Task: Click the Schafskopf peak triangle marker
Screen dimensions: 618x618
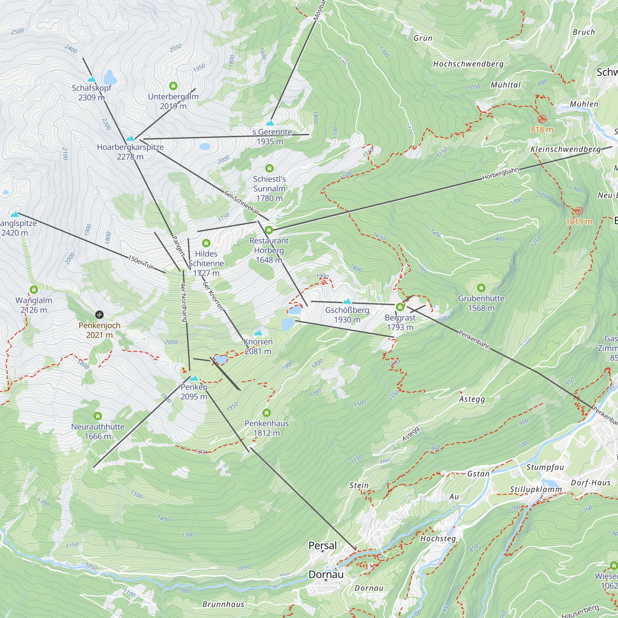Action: click(x=91, y=79)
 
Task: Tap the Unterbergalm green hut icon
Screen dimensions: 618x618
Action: click(x=173, y=86)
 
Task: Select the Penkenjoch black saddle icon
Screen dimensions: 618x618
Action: click(x=99, y=315)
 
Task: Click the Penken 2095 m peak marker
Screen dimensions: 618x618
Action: click(x=194, y=378)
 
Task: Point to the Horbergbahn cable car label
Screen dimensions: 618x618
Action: click(x=500, y=174)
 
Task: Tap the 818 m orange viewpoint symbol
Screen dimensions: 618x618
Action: click(x=542, y=119)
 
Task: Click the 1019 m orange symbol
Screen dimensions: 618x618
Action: click(x=579, y=211)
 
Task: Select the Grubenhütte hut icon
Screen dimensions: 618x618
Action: click(x=481, y=288)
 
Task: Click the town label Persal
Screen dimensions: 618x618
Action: click(x=322, y=545)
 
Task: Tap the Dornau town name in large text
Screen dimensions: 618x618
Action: click(x=326, y=574)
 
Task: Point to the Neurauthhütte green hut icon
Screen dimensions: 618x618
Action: click(x=98, y=416)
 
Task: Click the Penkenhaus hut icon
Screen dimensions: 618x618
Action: click(x=266, y=413)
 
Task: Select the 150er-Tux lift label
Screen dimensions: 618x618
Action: click(x=141, y=262)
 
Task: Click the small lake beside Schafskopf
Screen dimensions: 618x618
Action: click(x=110, y=77)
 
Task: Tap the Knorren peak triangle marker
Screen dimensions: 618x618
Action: click(x=258, y=333)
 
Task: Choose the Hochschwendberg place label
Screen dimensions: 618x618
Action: click(x=468, y=64)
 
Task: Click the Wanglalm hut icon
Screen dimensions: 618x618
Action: click(x=34, y=290)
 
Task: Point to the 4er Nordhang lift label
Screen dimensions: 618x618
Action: click(x=184, y=302)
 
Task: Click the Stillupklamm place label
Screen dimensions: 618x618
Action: click(x=536, y=489)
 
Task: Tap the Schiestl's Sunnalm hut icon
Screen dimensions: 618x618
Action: click(x=269, y=168)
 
